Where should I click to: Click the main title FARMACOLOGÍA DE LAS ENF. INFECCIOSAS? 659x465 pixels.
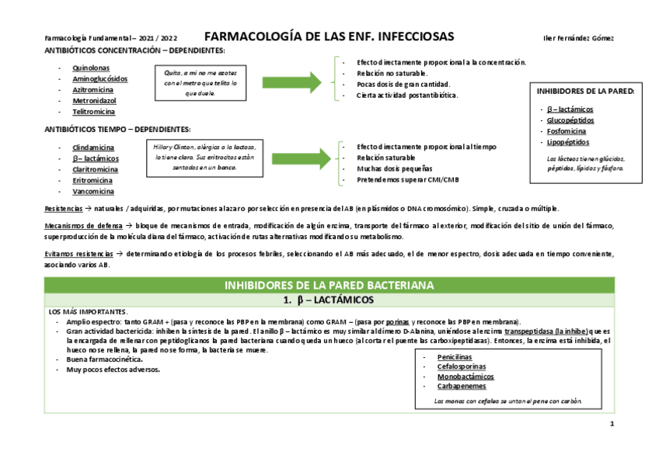329,37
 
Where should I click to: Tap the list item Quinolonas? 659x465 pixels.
91,68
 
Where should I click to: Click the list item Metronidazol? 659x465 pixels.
94,101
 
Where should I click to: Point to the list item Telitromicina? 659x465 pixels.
94,112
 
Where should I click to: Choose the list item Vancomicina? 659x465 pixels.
92,191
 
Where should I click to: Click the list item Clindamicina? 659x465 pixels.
93,147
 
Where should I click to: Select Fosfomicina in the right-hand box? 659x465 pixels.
566,131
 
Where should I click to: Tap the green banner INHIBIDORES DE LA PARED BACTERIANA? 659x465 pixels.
329,286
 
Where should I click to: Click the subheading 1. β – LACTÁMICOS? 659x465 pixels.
329,300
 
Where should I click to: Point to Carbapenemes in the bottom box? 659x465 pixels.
462,386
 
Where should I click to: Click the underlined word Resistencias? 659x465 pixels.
61,209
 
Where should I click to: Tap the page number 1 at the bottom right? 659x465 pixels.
612,424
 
